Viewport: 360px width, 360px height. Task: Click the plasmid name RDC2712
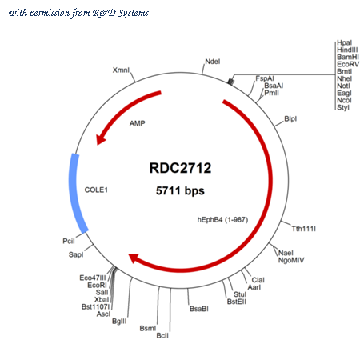pyautogui.click(x=180, y=168)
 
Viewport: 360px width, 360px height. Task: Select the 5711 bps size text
pyautogui.click(x=180, y=190)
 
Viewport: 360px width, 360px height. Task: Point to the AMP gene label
pyautogui.click(x=138, y=123)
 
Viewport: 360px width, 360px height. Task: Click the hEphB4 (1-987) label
pyautogui.click(x=222, y=220)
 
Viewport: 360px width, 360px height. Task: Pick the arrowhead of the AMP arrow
pyautogui.click(x=102, y=138)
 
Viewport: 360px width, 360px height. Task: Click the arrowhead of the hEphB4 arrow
pyautogui.click(x=134, y=258)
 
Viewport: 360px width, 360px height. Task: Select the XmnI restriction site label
pyautogui.click(x=121, y=70)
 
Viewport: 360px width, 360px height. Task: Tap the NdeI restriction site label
pyautogui.click(x=213, y=62)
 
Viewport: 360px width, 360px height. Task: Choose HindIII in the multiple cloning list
pyautogui.click(x=347, y=50)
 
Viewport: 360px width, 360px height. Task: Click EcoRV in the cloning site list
pyautogui.click(x=348, y=64)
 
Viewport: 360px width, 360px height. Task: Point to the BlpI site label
pyautogui.click(x=290, y=118)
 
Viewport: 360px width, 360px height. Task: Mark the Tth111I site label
pyautogui.click(x=304, y=229)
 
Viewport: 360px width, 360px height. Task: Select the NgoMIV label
pyautogui.click(x=291, y=260)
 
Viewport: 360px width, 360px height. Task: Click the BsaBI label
pyautogui.click(x=199, y=309)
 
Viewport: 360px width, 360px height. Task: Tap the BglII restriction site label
pyautogui.click(x=119, y=321)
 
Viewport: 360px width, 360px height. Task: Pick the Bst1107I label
pyautogui.click(x=95, y=306)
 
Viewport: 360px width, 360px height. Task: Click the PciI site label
pyautogui.click(x=69, y=241)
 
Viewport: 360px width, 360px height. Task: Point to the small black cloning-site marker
pyautogui.click(x=231, y=82)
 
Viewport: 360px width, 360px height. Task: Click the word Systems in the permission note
pyautogui.click(x=134, y=13)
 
